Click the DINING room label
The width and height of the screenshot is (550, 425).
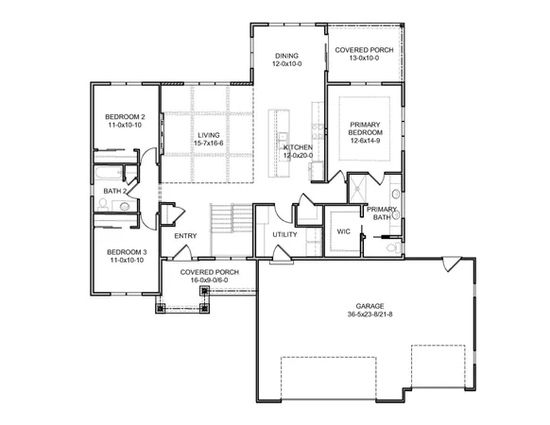[x=286, y=56]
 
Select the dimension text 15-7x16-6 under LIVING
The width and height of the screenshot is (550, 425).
[x=209, y=145]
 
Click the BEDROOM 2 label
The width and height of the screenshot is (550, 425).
[x=125, y=115]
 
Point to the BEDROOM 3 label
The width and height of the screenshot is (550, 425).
[x=125, y=251]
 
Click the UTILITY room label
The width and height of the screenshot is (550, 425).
[x=284, y=233]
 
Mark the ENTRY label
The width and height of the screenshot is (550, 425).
[x=185, y=236]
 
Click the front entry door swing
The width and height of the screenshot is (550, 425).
[x=183, y=252]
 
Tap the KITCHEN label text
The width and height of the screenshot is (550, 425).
[x=299, y=147]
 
